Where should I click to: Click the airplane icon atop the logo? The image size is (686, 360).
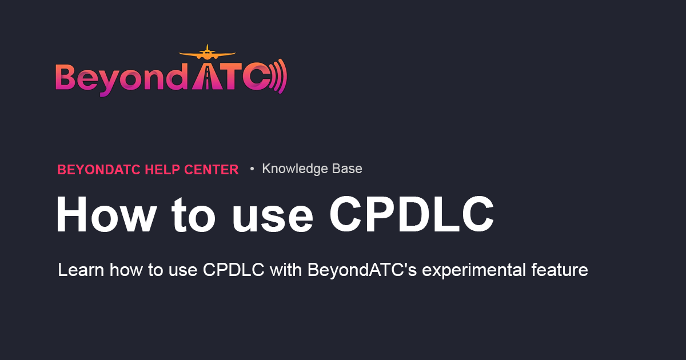click(x=206, y=54)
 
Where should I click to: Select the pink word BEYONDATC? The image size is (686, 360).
click(x=99, y=169)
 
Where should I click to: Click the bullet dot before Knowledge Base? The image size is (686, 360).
click(x=252, y=169)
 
